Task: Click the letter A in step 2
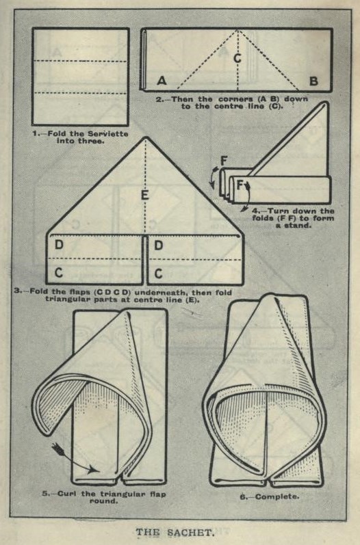pos(162,81)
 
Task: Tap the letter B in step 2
pos(313,81)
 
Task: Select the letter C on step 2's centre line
pos(237,58)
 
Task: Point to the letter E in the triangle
pos(145,195)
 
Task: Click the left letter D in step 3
pos(59,245)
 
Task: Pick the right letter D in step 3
pos(159,245)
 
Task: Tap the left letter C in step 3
pos(59,272)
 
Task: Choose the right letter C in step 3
pos(158,274)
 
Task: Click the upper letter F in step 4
pos(224,161)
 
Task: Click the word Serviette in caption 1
pos(108,134)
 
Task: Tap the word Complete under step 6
pos(277,496)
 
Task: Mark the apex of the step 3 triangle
pos(146,137)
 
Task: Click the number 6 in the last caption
pos(243,497)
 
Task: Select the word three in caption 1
pos(92,141)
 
